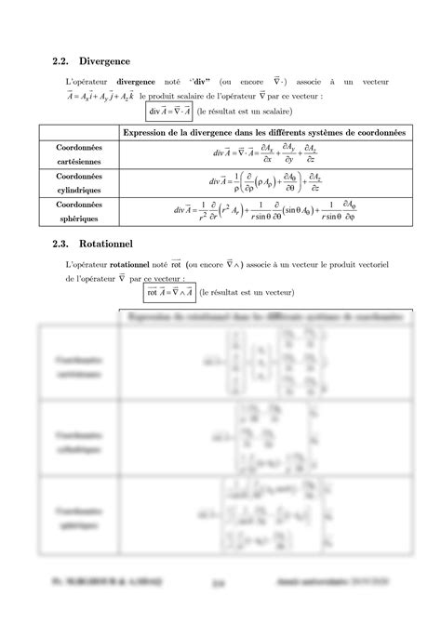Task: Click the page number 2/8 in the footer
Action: click(x=220, y=609)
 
